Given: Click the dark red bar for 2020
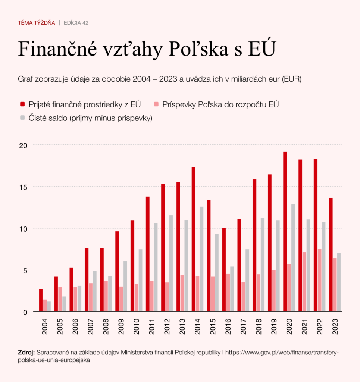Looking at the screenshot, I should coord(285,232).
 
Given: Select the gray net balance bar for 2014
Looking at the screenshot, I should coord(202,259).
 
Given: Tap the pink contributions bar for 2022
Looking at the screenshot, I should coord(320,280).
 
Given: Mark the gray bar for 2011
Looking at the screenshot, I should coord(156,267).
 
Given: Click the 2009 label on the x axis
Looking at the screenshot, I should coord(121,326).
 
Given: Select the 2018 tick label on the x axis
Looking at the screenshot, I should coord(259,326).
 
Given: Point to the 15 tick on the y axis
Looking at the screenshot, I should coord(23,187).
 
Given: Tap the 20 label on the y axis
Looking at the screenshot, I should coord(23,145).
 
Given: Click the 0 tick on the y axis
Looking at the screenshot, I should coord(25,312).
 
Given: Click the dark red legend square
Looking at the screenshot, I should coord(22,104).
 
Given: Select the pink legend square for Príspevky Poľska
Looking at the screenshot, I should coord(157,104).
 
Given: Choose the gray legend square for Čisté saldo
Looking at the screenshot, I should coord(22,118).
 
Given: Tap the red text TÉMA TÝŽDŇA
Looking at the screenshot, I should coord(36,23).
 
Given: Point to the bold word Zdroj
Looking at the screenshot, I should coord(26,353).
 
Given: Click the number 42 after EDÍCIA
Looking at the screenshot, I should coord(85,23).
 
